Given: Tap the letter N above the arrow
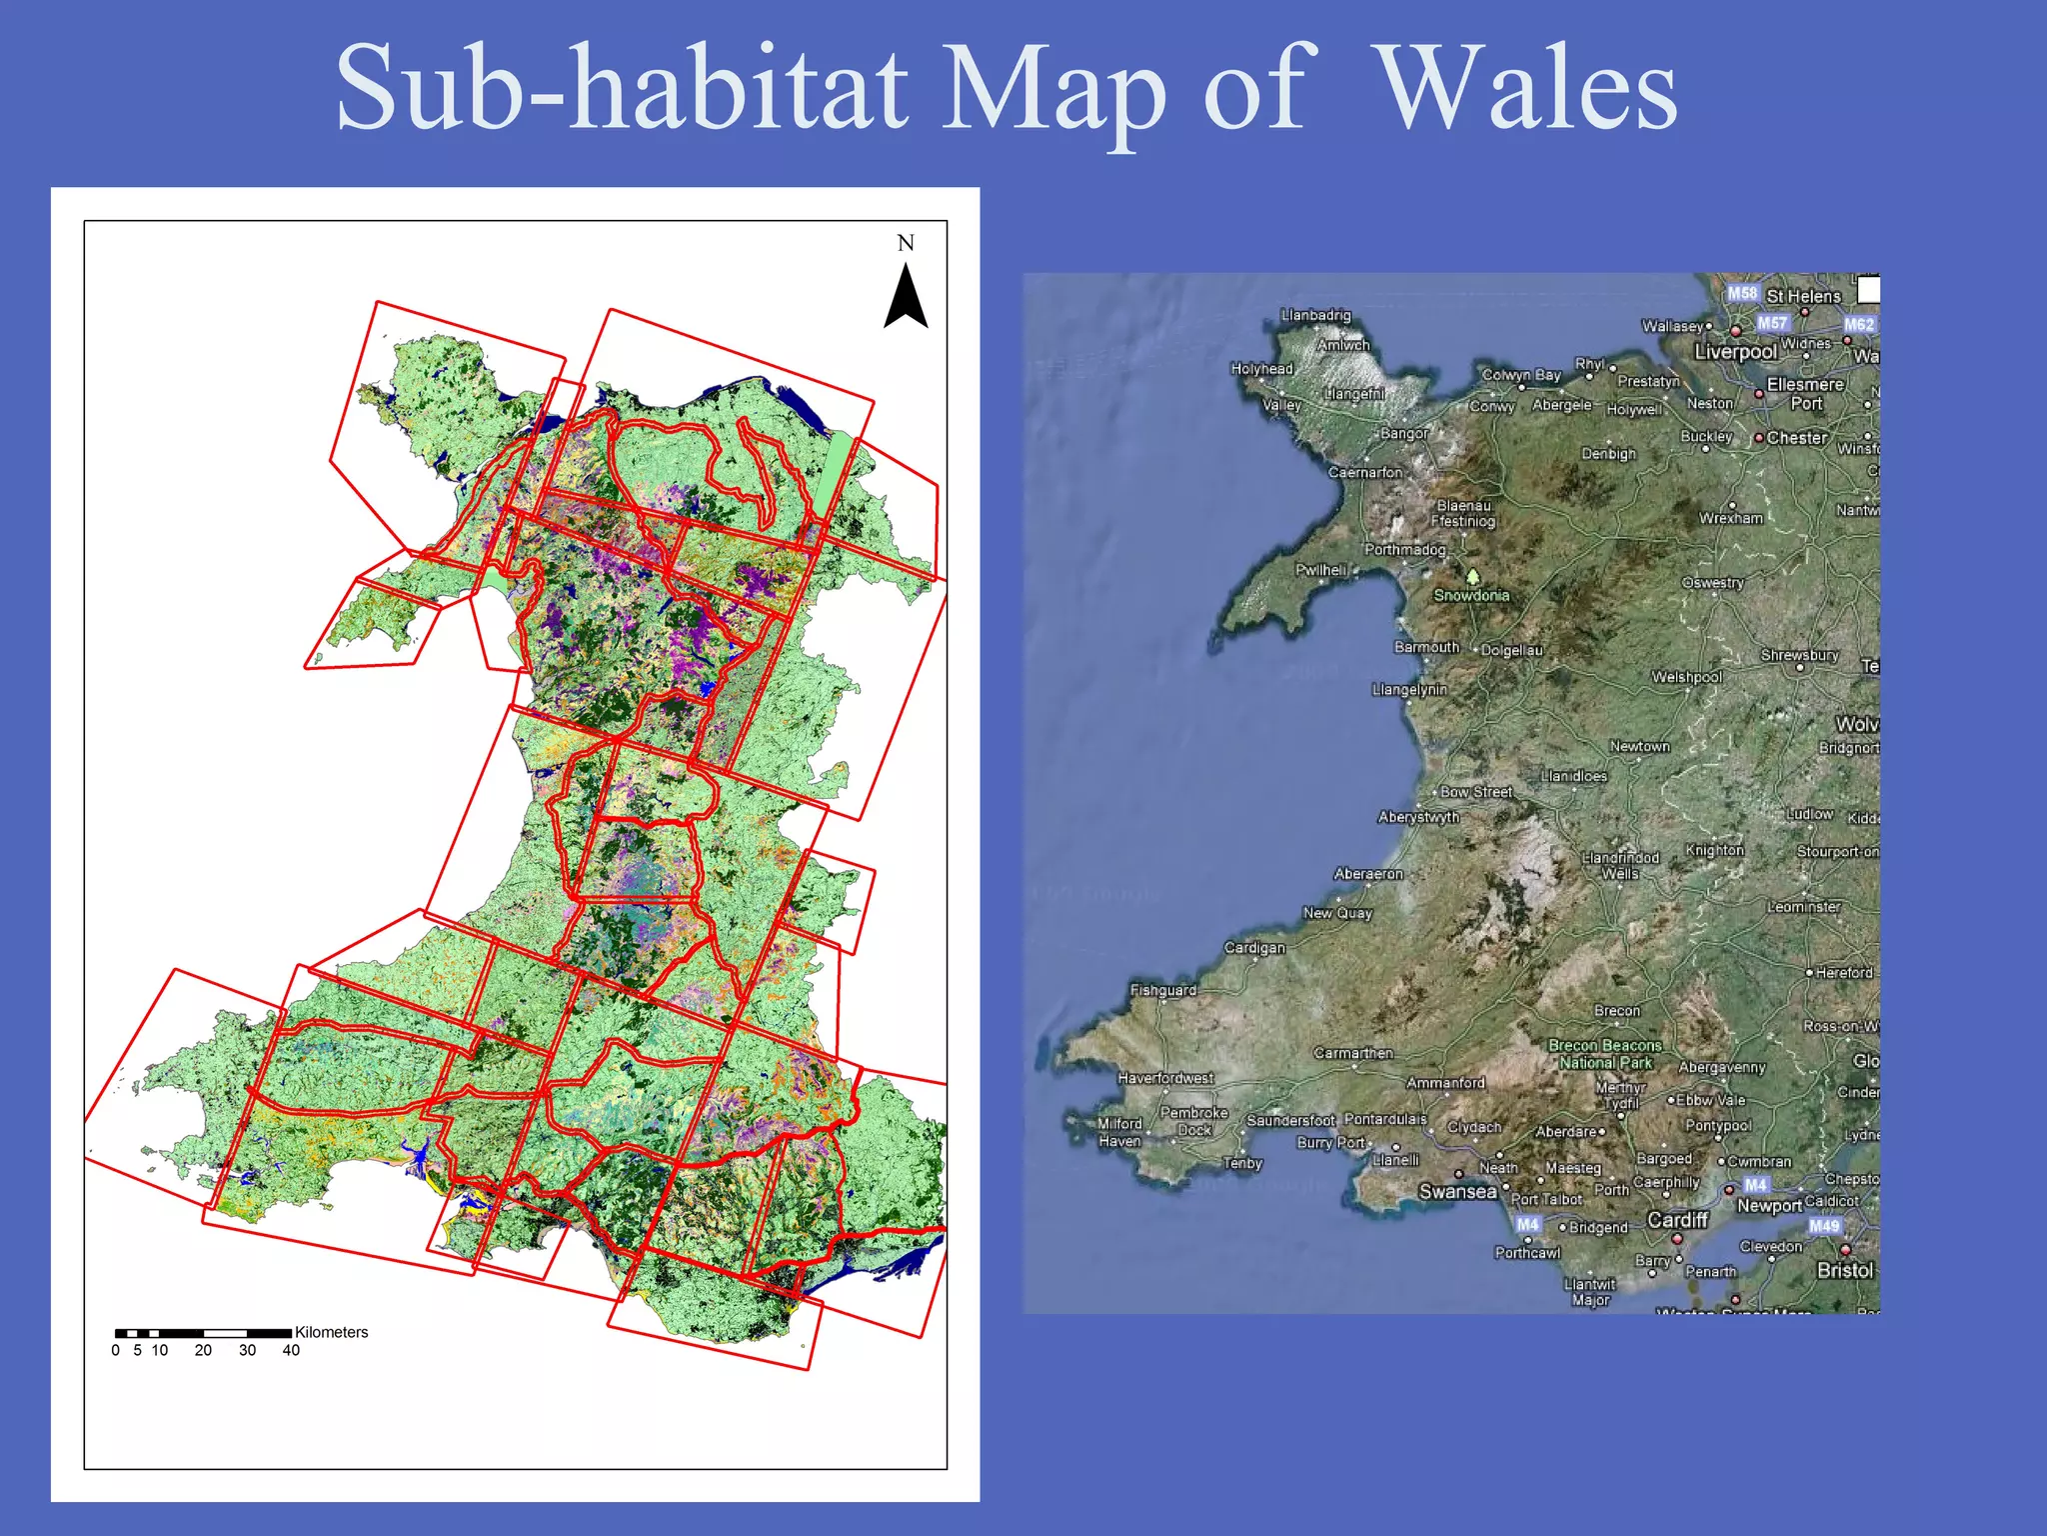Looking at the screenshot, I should [x=906, y=243].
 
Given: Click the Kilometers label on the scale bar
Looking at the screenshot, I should [x=331, y=1332].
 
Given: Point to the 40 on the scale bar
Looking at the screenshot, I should [x=291, y=1350].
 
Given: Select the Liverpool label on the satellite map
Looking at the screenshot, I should [x=1735, y=352].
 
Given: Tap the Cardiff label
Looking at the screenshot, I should [x=1677, y=1220].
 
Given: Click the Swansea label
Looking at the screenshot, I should [x=1457, y=1191].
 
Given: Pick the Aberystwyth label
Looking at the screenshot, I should [x=1418, y=817].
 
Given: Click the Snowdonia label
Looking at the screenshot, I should [x=1471, y=595].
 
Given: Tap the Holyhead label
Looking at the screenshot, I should [x=1261, y=369].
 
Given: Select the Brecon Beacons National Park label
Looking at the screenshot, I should [x=1605, y=1054].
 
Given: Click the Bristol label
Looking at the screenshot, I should [x=1844, y=1270].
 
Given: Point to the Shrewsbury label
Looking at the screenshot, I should [x=1799, y=655].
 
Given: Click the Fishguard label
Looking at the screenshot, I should [x=1162, y=990].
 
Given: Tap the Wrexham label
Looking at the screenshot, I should [x=1731, y=518].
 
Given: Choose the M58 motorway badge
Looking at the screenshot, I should [x=1742, y=293].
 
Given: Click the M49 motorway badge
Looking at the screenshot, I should [x=1823, y=1226].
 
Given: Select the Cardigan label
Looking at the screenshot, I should [x=1254, y=947].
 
